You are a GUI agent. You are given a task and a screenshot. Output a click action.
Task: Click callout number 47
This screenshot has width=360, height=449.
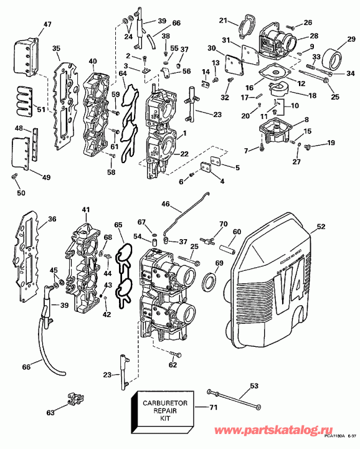click(30, 26)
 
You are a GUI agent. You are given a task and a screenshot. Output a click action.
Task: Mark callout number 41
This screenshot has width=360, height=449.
click(85, 210)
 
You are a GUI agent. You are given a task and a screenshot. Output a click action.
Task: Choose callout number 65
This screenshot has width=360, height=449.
click(118, 224)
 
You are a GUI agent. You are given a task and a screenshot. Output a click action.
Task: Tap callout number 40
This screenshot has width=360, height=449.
click(93, 61)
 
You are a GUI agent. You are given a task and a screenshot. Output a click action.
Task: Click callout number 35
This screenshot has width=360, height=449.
click(56, 48)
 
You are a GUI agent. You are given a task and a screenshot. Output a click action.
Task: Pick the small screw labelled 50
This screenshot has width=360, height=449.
click(14, 179)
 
